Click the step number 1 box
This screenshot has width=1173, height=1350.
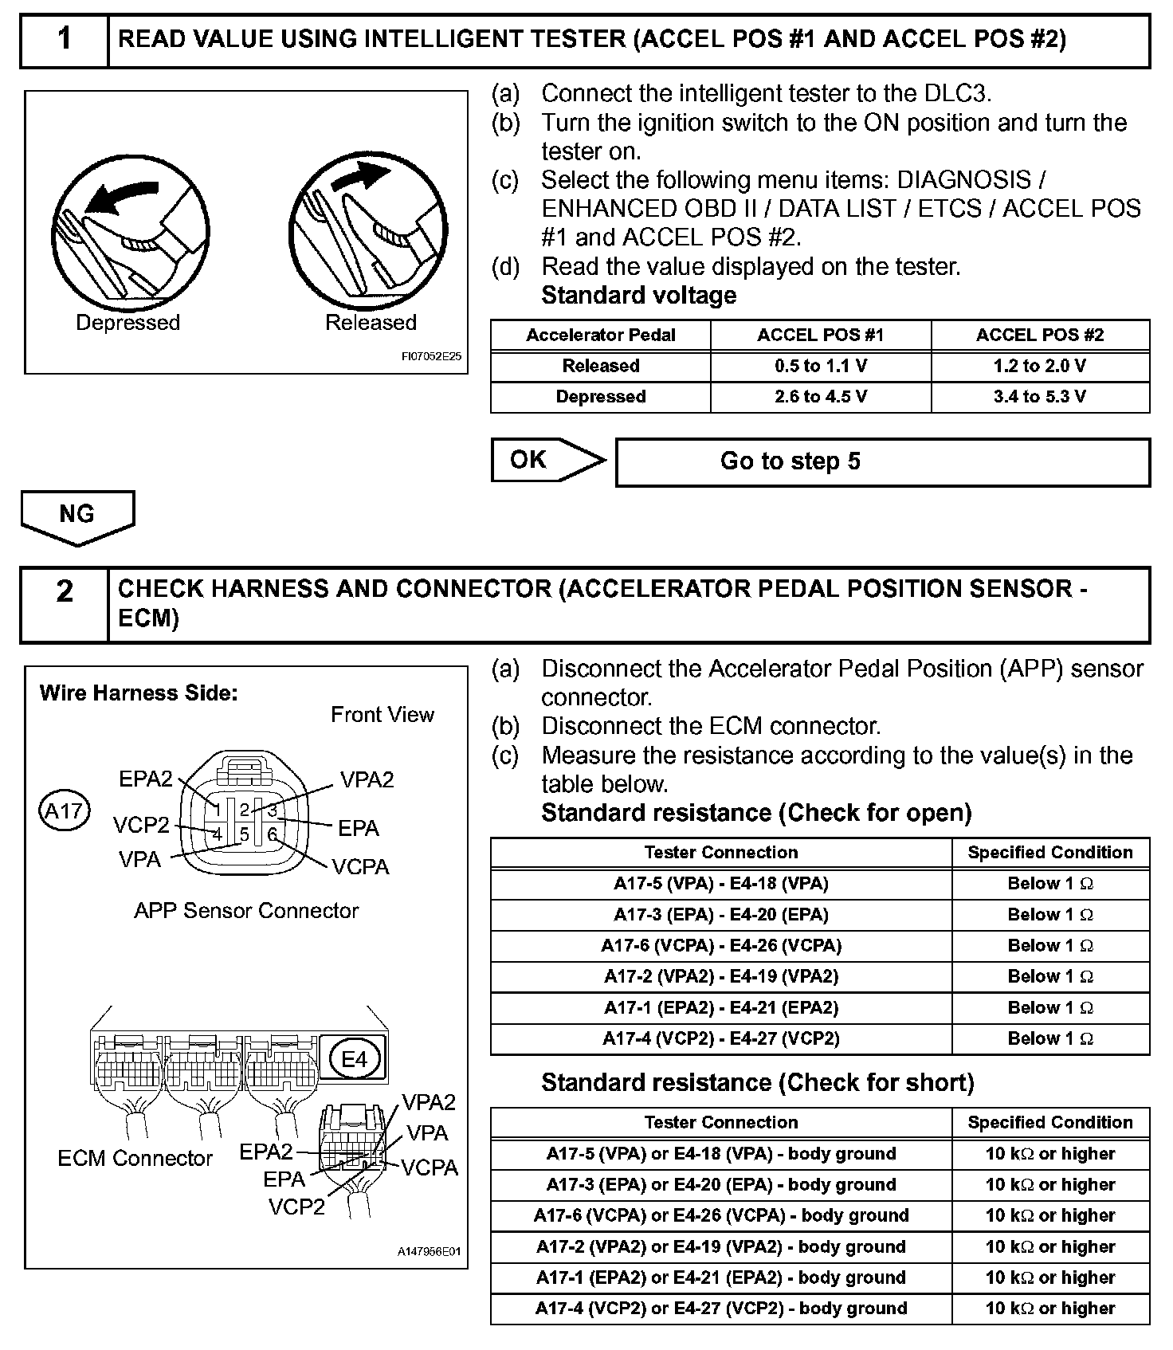click(x=64, y=39)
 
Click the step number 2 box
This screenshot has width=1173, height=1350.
click(x=64, y=604)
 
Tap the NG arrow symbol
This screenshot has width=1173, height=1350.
click(x=76, y=516)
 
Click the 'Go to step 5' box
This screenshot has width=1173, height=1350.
click(x=882, y=461)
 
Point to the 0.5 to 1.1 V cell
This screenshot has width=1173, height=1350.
click(x=820, y=366)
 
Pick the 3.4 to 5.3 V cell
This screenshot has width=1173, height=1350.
click(x=1039, y=397)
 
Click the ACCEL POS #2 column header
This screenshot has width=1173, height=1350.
click(x=1039, y=335)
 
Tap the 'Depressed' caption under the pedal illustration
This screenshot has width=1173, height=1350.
click(x=127, y=323)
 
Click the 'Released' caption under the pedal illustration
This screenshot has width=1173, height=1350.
click(x=371, y=323)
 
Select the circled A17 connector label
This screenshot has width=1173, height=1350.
click(x=64, y=811)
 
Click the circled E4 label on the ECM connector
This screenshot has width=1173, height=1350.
click(x=354, y=1059)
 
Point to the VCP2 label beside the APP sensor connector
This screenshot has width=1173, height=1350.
click(x=141, y=825)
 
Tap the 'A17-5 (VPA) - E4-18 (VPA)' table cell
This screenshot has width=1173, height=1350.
click(x=720, y=884)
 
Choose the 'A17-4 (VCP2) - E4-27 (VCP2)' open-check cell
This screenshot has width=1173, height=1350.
click(x=720, y=1038)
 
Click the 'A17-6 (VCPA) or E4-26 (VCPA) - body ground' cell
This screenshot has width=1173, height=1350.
click(x=720, y=1215)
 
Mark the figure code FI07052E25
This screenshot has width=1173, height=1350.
click(x=431, y=357)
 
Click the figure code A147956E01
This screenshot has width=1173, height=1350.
click(x=429, y=1252)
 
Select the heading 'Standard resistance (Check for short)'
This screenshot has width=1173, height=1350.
click(x=757, y=1082)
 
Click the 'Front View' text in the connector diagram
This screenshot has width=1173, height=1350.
click(x=382, y=715)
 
